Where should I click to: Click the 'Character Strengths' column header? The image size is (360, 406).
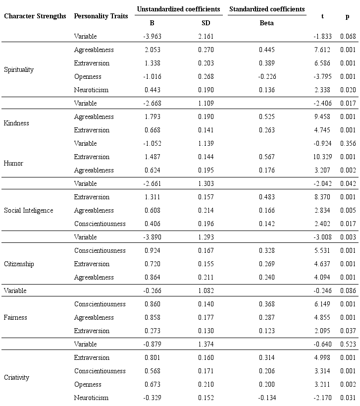click(x=35, y=16)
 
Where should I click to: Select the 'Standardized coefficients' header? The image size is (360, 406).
click(x=267, y=9)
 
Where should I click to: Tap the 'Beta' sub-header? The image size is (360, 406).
click(x=266, y=23)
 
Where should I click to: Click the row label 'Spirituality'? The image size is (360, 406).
click(x=19, y=70)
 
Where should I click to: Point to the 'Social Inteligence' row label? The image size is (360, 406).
click(x=28, y=211)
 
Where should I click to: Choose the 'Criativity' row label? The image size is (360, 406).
click(x=16, y=378)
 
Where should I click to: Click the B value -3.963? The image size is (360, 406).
click(x=152, y=37)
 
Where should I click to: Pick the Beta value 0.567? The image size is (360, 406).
click(x=266, y=157)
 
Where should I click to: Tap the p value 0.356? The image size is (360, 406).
click(x=348, y=144)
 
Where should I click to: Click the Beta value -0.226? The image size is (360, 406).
click(x=266, y=77)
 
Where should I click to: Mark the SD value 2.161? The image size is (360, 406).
click(x=206, y=37)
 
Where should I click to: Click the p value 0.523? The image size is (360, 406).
click(x=348, y=345)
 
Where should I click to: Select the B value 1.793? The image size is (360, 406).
click(x=152, y=117)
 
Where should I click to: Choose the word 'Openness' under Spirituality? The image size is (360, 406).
click(x=88, y=77)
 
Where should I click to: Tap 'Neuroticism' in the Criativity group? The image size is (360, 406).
click(x=91, y=398)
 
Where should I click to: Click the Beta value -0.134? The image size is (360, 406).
click(x=266, y=398)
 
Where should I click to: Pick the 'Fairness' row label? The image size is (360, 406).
click(x=15, y=318)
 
